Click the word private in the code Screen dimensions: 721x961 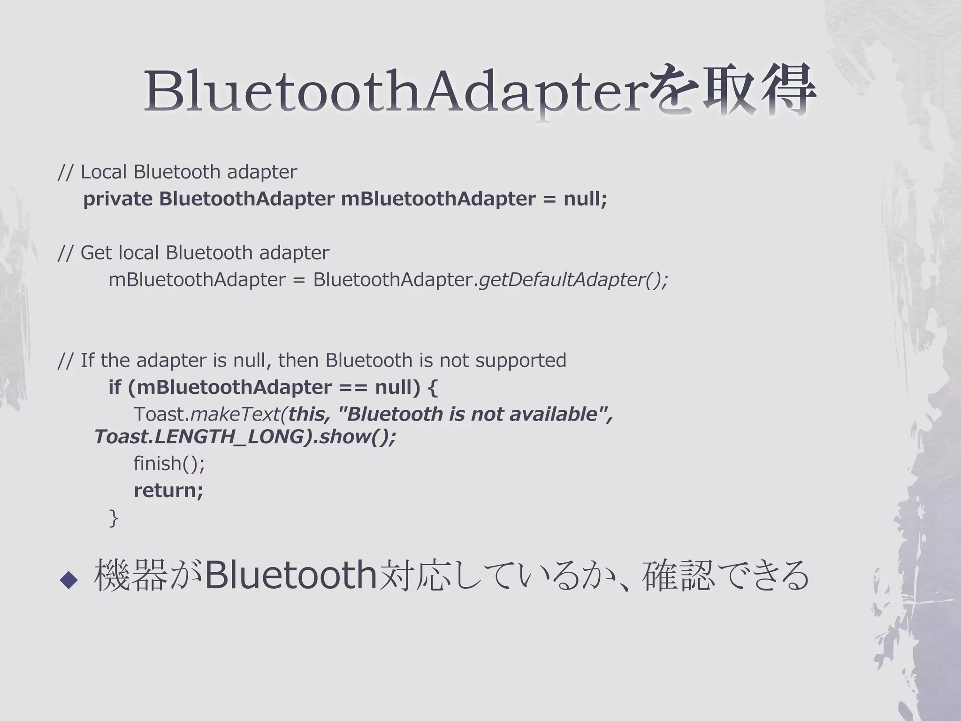tap(118, 199)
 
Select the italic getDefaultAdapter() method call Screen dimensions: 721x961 tap(573, 280)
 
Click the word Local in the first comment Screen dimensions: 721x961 tap(104, 172)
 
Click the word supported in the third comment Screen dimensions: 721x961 tap(520, 360)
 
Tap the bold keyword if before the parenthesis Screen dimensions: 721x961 tap(114, 387)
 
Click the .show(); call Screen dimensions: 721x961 tap(354, 437)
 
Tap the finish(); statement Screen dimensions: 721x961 tap(169, 464)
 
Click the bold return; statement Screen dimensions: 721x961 tap(168, 491)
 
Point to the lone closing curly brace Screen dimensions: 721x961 tap(113, 518)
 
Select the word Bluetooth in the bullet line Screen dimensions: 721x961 tap(291, 575)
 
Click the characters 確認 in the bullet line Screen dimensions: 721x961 tap(678, 575)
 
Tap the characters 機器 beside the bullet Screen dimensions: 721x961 tap(131, 575)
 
